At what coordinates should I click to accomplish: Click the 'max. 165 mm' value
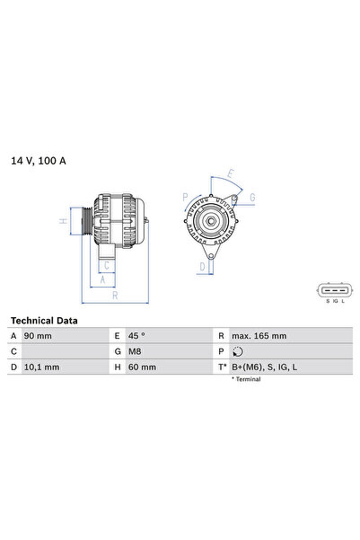click(259, 335)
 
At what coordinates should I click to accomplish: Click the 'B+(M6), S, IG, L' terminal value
click(265, 367)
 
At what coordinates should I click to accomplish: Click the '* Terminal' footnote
click(245, 380)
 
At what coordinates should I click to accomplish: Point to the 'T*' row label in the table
click(221, 367)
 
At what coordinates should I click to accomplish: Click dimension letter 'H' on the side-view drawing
click(63, 220)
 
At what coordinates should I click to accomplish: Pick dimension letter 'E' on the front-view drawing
click(231, 173)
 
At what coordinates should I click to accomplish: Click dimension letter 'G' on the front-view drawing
click(252, 197)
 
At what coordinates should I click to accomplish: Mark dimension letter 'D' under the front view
click(203, 266)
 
